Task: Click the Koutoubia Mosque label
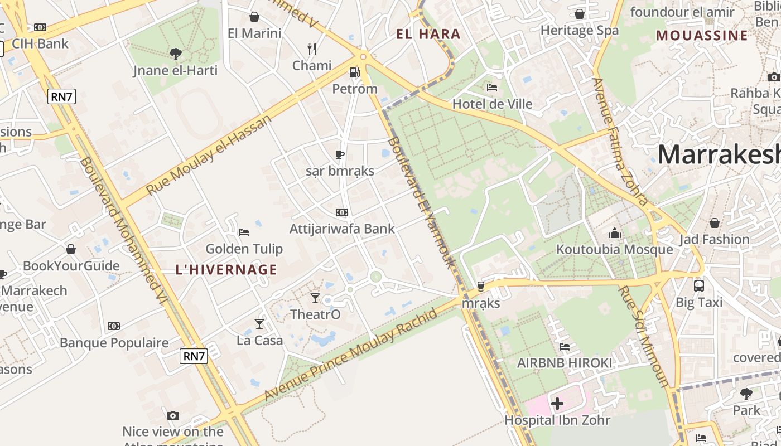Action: pyautogui.click(x=615, y=249)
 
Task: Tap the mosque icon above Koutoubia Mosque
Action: pyautogui.click(x=615, y=232)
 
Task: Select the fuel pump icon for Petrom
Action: pyautogui.click(x=354, y=72)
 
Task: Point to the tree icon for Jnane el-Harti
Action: pyautogui.click(x=176, y=54)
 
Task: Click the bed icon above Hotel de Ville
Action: pyautogui.click(x=492, y=88)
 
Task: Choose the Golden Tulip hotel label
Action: pyautogui.click(x=244, y=249)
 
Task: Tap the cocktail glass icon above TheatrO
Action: pyautogui.click(x=315, y=298)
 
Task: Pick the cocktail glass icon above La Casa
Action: pyautogui.click(x=259, y=324)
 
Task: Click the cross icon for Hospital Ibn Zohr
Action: pyautogui.click(x=557, y=404)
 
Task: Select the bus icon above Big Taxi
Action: pyautogui.click(x=699, y=286)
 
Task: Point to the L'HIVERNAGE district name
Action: pyautogui.click(x=226, y=270)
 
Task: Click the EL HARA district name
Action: pyautogui.click(x=428, y=34)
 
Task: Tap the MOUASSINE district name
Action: pyautogui.click(x=702, y=36)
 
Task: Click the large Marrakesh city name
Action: pyautogui.click(x=719, y=154)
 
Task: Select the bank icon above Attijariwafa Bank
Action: pyautogui.click(x=342, y=212)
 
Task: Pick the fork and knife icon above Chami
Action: pyautogui.click(x=312, y=49)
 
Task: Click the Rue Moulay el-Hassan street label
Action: pyautogui.click(x=209, y=154)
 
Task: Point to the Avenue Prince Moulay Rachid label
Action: pyautogui.click(x=351, y=354)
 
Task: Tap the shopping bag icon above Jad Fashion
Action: pyautogui.click(x=715, y=224)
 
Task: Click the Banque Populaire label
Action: pyautogui.click(x=114, y=342)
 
